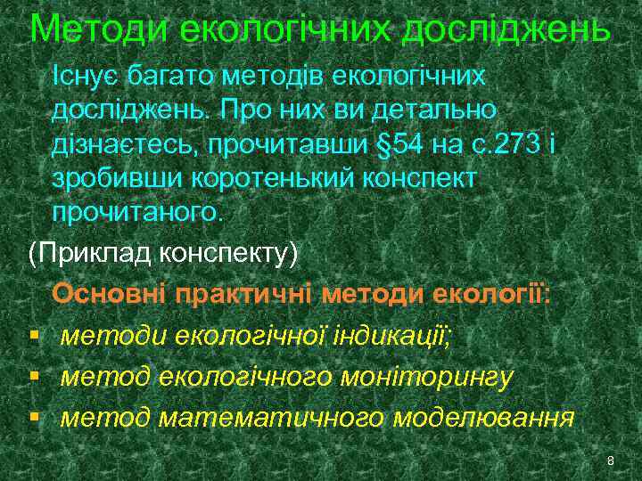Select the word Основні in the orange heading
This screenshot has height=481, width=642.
(109, 294)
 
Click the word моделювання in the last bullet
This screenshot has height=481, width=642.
(483, 417)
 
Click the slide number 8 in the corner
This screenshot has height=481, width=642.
(610, 460)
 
